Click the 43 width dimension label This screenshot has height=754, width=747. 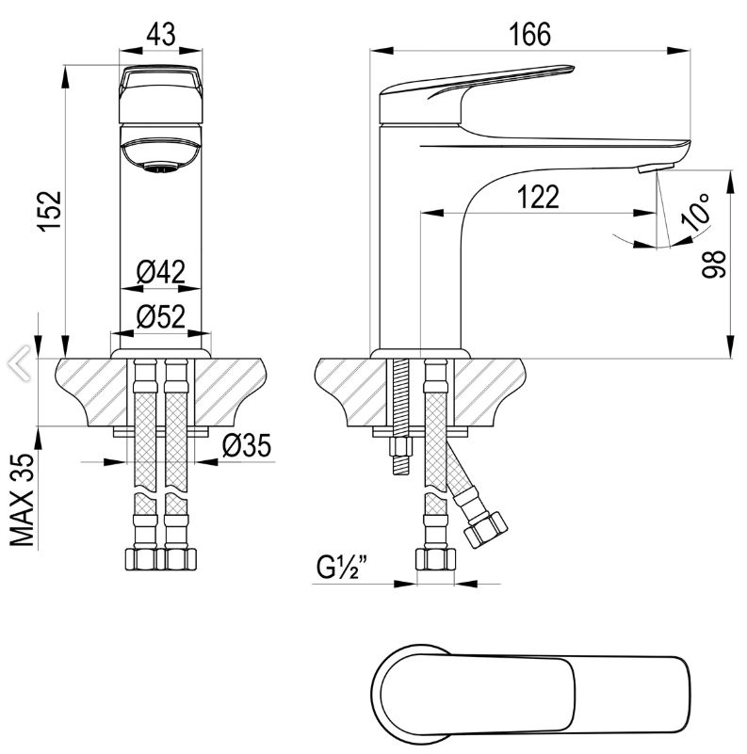point(161,35)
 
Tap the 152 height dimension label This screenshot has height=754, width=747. point(51,212)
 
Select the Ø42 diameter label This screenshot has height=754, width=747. point(161,272)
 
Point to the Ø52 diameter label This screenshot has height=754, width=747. point(161,316)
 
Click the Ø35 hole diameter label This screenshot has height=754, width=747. point(247,445)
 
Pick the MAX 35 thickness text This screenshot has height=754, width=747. point(23,500)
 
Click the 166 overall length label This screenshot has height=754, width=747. point(530,35)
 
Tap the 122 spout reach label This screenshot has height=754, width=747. point(538,197)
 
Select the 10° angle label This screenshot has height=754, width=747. point(696,212)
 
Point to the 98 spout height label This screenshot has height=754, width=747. point(713,264)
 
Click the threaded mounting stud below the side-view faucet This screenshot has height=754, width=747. point(401,416)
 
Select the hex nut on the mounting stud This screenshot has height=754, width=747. point(401,447)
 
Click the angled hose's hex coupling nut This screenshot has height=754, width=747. point(485,529)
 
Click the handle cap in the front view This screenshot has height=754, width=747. point(161,94)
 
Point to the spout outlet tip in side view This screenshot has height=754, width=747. point(656,168)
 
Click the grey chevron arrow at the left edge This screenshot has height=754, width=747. point(19,363)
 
